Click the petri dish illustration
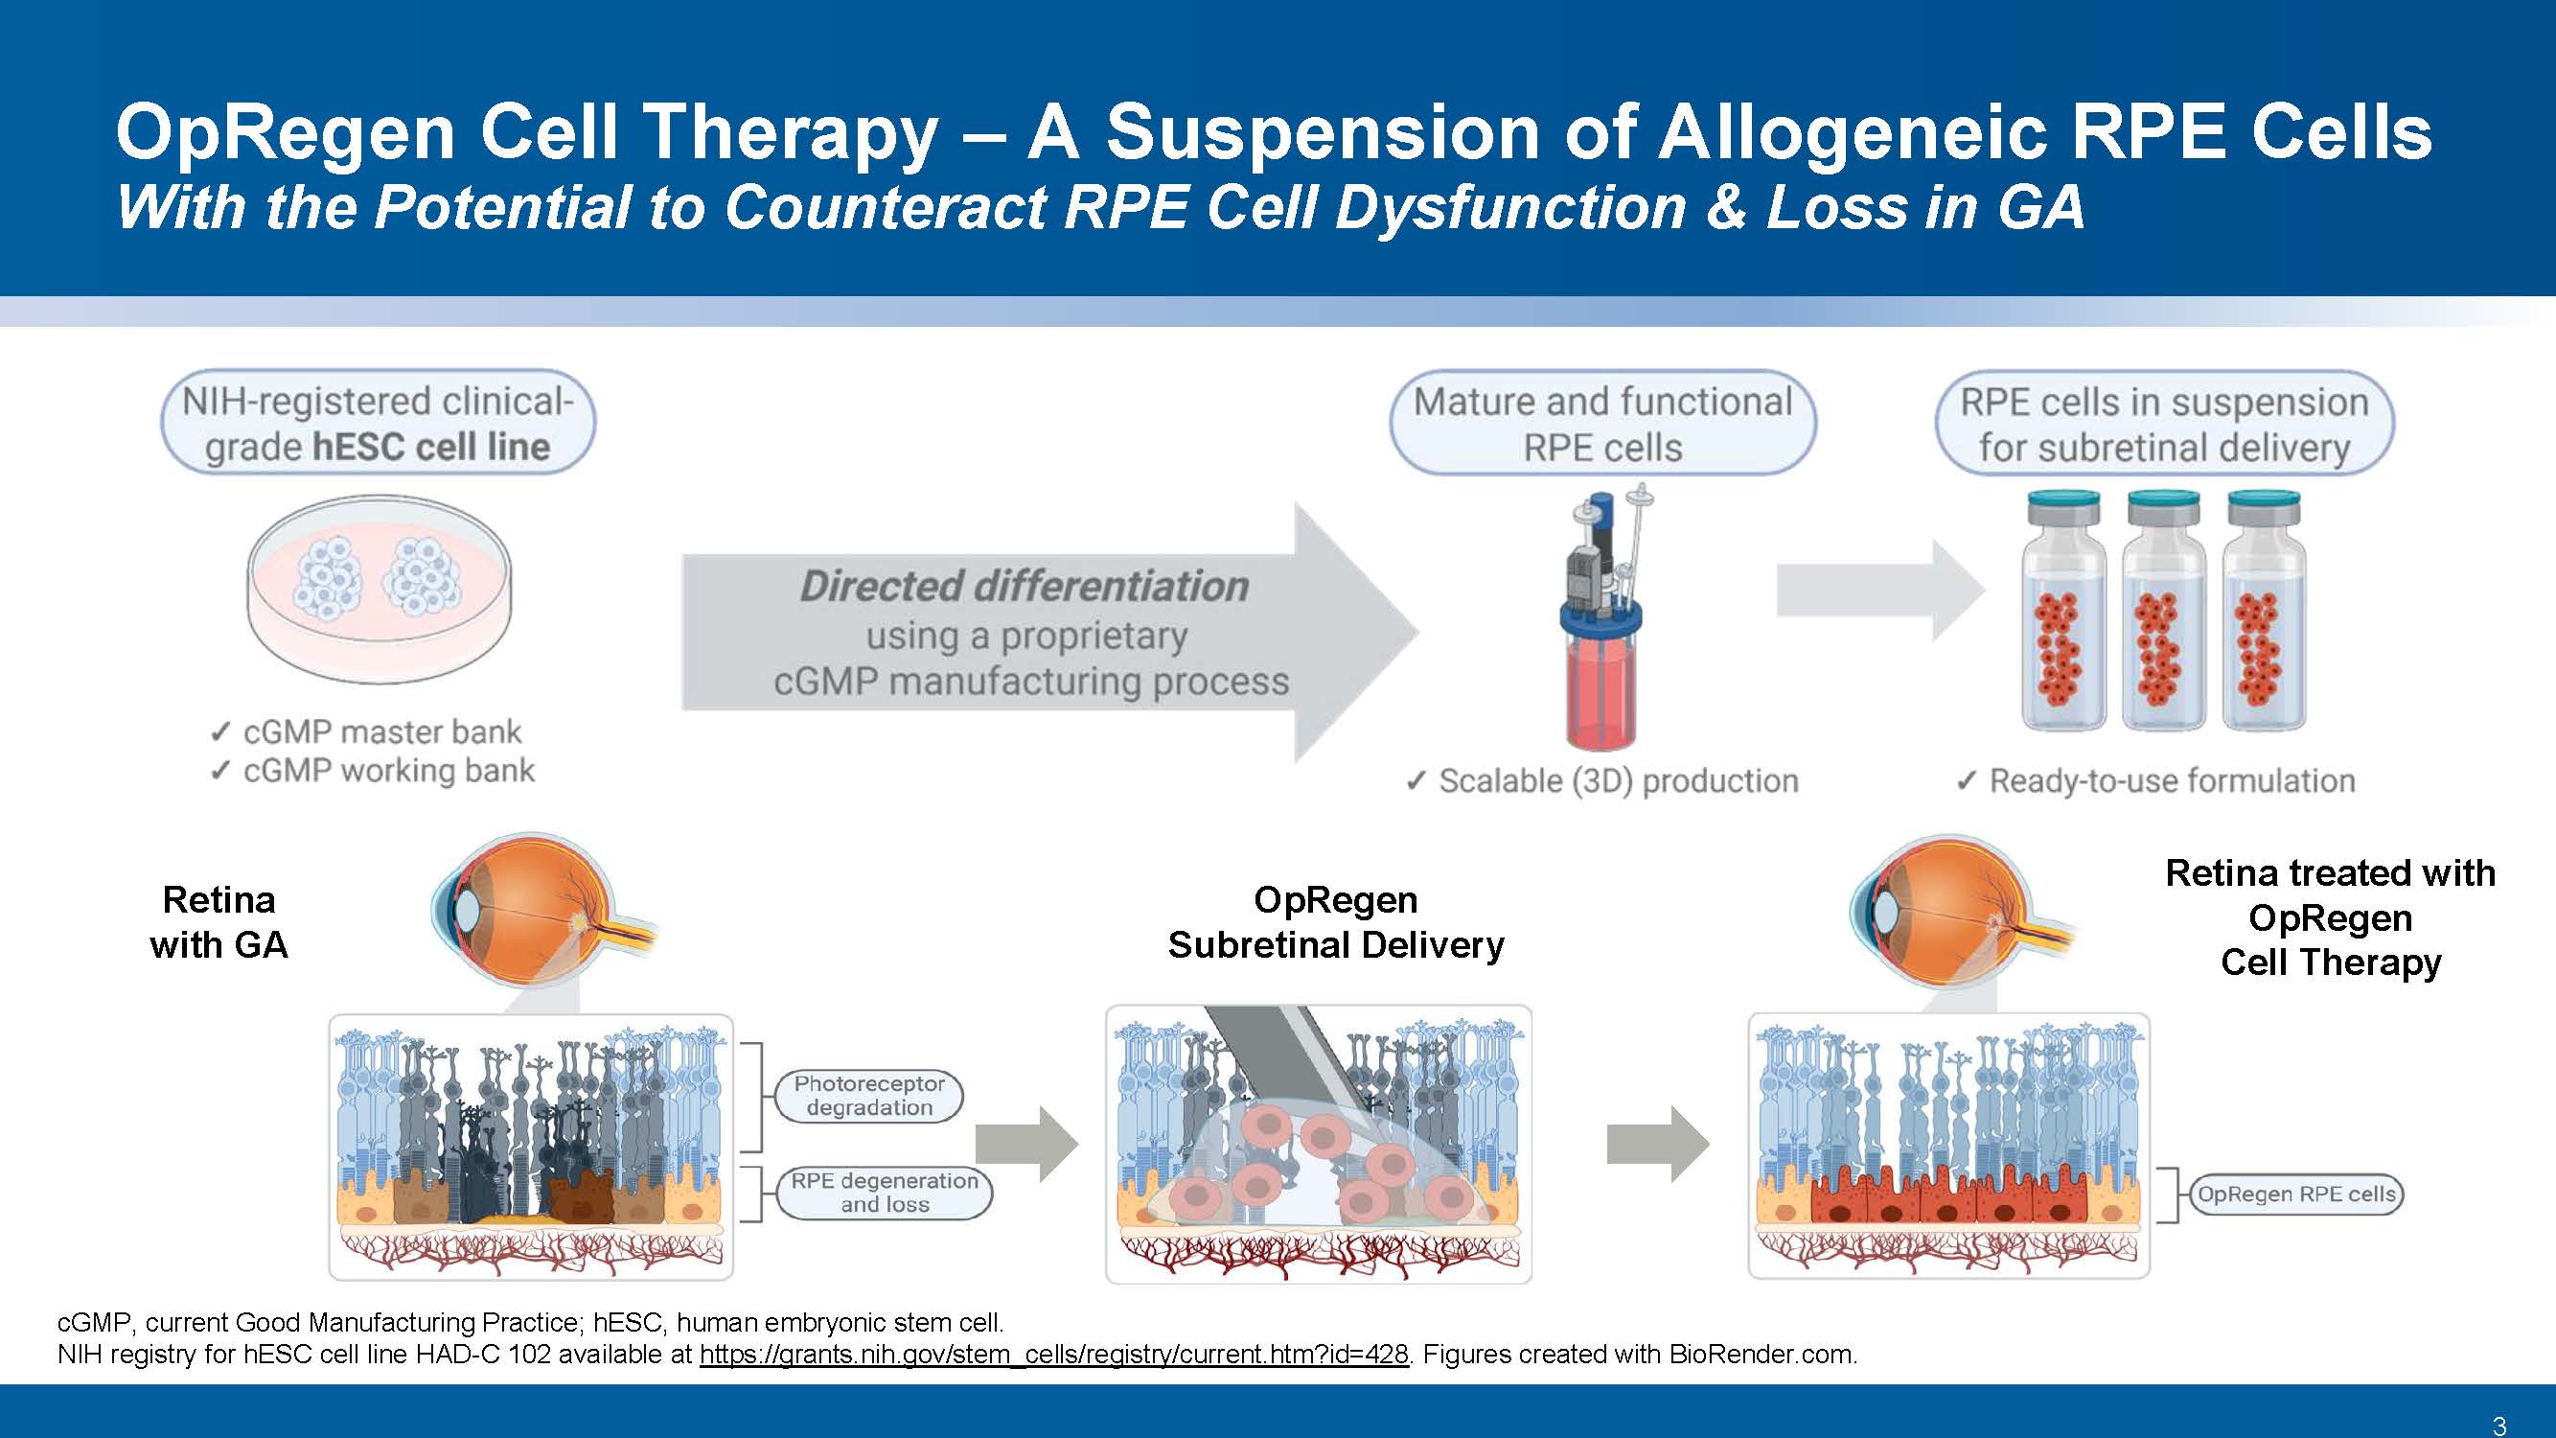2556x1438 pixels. [378, 590]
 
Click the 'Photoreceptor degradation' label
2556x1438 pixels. [869, 1096]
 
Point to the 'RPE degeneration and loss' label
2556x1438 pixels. [884, 1192]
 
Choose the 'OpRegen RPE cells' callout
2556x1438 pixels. [2296, 1194]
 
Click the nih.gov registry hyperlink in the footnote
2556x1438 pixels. [1054, 1354]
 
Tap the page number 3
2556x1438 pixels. [2498, 1426]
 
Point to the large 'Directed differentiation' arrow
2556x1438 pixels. [1049, 632]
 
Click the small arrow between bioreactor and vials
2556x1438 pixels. [1880, 591]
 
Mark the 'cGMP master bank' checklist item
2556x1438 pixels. [365, 731]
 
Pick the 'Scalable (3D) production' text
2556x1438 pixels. [1601, 781]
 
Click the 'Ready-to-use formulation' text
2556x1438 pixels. [2155, 781]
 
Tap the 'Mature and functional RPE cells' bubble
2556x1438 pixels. [1602, 424]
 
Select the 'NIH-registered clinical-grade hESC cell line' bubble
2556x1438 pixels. [378, 423]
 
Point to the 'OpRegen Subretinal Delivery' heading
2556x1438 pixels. [1336, 922]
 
